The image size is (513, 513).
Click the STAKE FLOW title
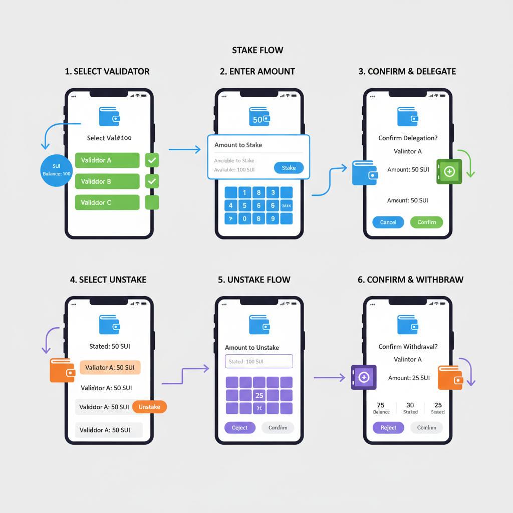tap(258, 50)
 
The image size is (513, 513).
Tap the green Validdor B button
tap(107, 181)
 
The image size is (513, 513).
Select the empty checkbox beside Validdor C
tap(152, 202)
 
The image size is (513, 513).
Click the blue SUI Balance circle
tap(56, 170)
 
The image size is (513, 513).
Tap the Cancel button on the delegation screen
tap(388, 222)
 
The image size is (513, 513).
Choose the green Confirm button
tap(427, 222)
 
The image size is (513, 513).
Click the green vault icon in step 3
tap(449, 171)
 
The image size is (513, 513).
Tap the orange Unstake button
tap(149, 407)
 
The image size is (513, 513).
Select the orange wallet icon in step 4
tap(62, 370)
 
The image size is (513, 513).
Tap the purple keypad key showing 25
tap(259, 395)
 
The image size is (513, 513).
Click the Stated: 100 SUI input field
tap(259, 361)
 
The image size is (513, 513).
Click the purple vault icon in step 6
tap(364, 377)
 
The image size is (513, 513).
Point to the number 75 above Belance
tap(381, 405)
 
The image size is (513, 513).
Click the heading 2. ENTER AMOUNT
tap(258, 71)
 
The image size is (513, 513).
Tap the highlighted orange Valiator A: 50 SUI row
tap(110, 367)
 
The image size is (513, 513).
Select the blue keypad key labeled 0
tap(244, 218)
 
